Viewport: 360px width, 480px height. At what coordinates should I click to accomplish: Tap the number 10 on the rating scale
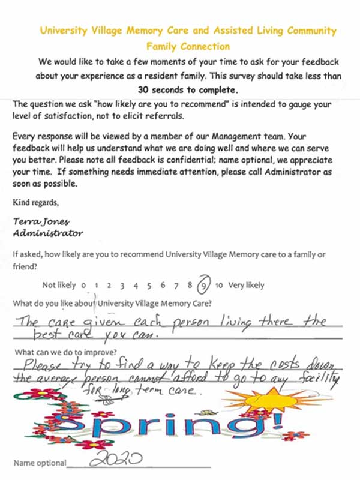pos(218,286)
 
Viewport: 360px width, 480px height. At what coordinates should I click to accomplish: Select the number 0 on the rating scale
pos(83,286)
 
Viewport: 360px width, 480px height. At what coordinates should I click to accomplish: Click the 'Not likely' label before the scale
pos(59,286)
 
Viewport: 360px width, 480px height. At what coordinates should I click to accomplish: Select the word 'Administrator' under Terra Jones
pos(48,232)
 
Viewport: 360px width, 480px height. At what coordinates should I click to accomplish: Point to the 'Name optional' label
pos(39,463)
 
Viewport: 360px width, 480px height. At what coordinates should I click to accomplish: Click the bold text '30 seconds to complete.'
pos(187,91)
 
